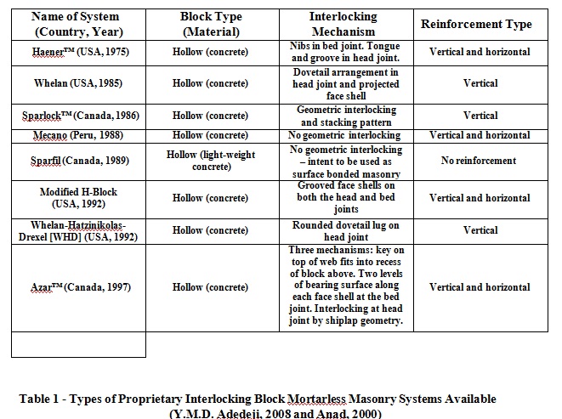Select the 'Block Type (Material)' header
coord(211,23)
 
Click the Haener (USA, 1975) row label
coord(78,52)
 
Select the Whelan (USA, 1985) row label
coord(78,84)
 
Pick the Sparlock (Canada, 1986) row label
coord(78,116)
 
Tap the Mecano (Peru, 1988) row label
coord(78,135)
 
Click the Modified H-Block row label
coord(78,198)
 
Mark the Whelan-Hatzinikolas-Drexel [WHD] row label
coord(78,229)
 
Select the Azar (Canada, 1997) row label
coord(78,287)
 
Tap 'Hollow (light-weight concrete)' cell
coord(211,160)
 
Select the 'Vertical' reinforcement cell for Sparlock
coord(480,116)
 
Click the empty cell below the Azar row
coord(78,343)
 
